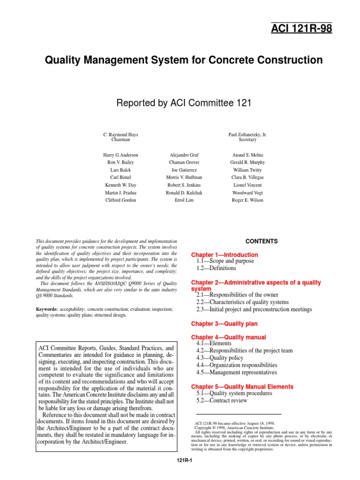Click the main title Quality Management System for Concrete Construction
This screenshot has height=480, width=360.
pos(183,60)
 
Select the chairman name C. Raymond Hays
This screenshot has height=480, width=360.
pos(120,135)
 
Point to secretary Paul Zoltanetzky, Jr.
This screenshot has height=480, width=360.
pos(247,135)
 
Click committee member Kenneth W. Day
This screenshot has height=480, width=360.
pos(120,185)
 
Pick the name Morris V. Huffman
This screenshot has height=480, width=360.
pos(184,178)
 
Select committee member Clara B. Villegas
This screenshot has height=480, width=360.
pos(247,178)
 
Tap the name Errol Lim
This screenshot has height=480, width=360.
pos(184,200)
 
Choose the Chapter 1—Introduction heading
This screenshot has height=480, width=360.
pos(225,255)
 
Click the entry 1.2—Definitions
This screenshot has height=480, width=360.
pos(216,269)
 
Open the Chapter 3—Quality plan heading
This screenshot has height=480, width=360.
pos(225,324)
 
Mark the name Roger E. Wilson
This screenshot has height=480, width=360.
pos(247,200)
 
